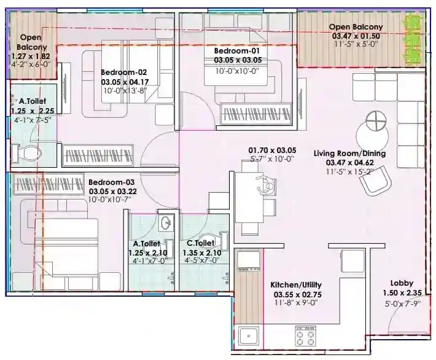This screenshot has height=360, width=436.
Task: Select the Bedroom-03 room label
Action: (x=111, y=182)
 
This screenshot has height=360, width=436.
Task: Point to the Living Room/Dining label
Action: (x=349, y=154)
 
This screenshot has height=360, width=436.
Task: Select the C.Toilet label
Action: (x=201, y=243)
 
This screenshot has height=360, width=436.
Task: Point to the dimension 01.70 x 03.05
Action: (x=271, y=150)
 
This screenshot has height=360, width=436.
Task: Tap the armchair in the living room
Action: (x=376, y=182)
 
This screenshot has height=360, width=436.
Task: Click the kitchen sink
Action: (x=248, y=335)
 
